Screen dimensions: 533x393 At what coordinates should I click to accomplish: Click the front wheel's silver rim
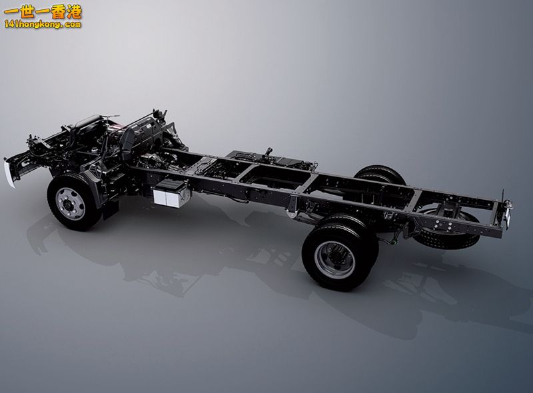[x=71, y=203]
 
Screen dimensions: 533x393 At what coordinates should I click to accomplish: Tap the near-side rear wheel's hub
[x=334, y=259]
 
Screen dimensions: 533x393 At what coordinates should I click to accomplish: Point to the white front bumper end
[x=9, y=174]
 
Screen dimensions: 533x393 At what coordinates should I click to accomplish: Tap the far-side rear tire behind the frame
[x=380, y=175]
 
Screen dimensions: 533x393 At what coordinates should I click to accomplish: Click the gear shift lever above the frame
[x=269, y=153]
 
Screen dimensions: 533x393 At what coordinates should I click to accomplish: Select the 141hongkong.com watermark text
[x=43, y=25]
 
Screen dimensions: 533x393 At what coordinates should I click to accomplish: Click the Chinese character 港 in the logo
[x=74, y=13]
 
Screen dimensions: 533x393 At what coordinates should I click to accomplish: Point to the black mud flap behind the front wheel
[x=111, y=209]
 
